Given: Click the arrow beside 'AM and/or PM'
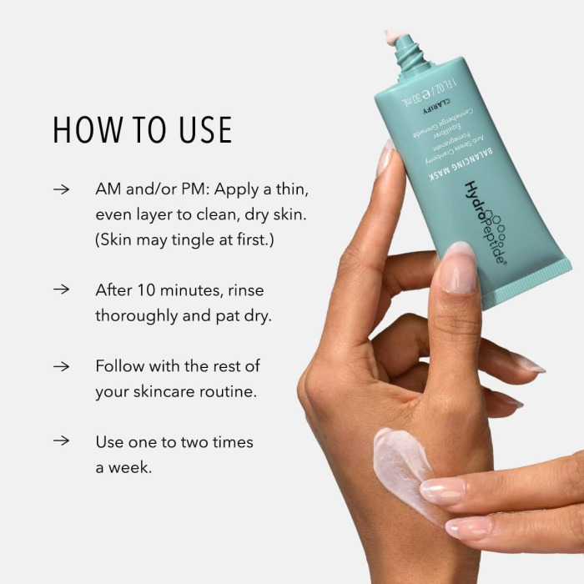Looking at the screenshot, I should pyautogui.click(x=61, y=189).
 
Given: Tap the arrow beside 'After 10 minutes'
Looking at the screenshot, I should pyautogui.click(x=61, y=290).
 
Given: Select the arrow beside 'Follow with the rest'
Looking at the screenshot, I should pyautogui.click(x=61, y=366).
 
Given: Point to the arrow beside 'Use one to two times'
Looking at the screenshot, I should pyautogui.click(x=61, y=441).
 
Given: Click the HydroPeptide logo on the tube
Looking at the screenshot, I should pyautogui.click(x=484, y=221).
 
